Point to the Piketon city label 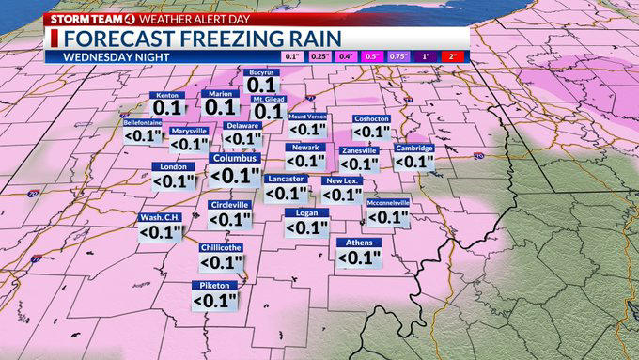coord(214,285)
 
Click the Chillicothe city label coord(221,247)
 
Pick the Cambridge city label coord(413,148)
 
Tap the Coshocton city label coord(370,118)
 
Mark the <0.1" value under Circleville coord(229,218)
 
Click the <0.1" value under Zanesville coord(358,164)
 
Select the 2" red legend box coord(454,56)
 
